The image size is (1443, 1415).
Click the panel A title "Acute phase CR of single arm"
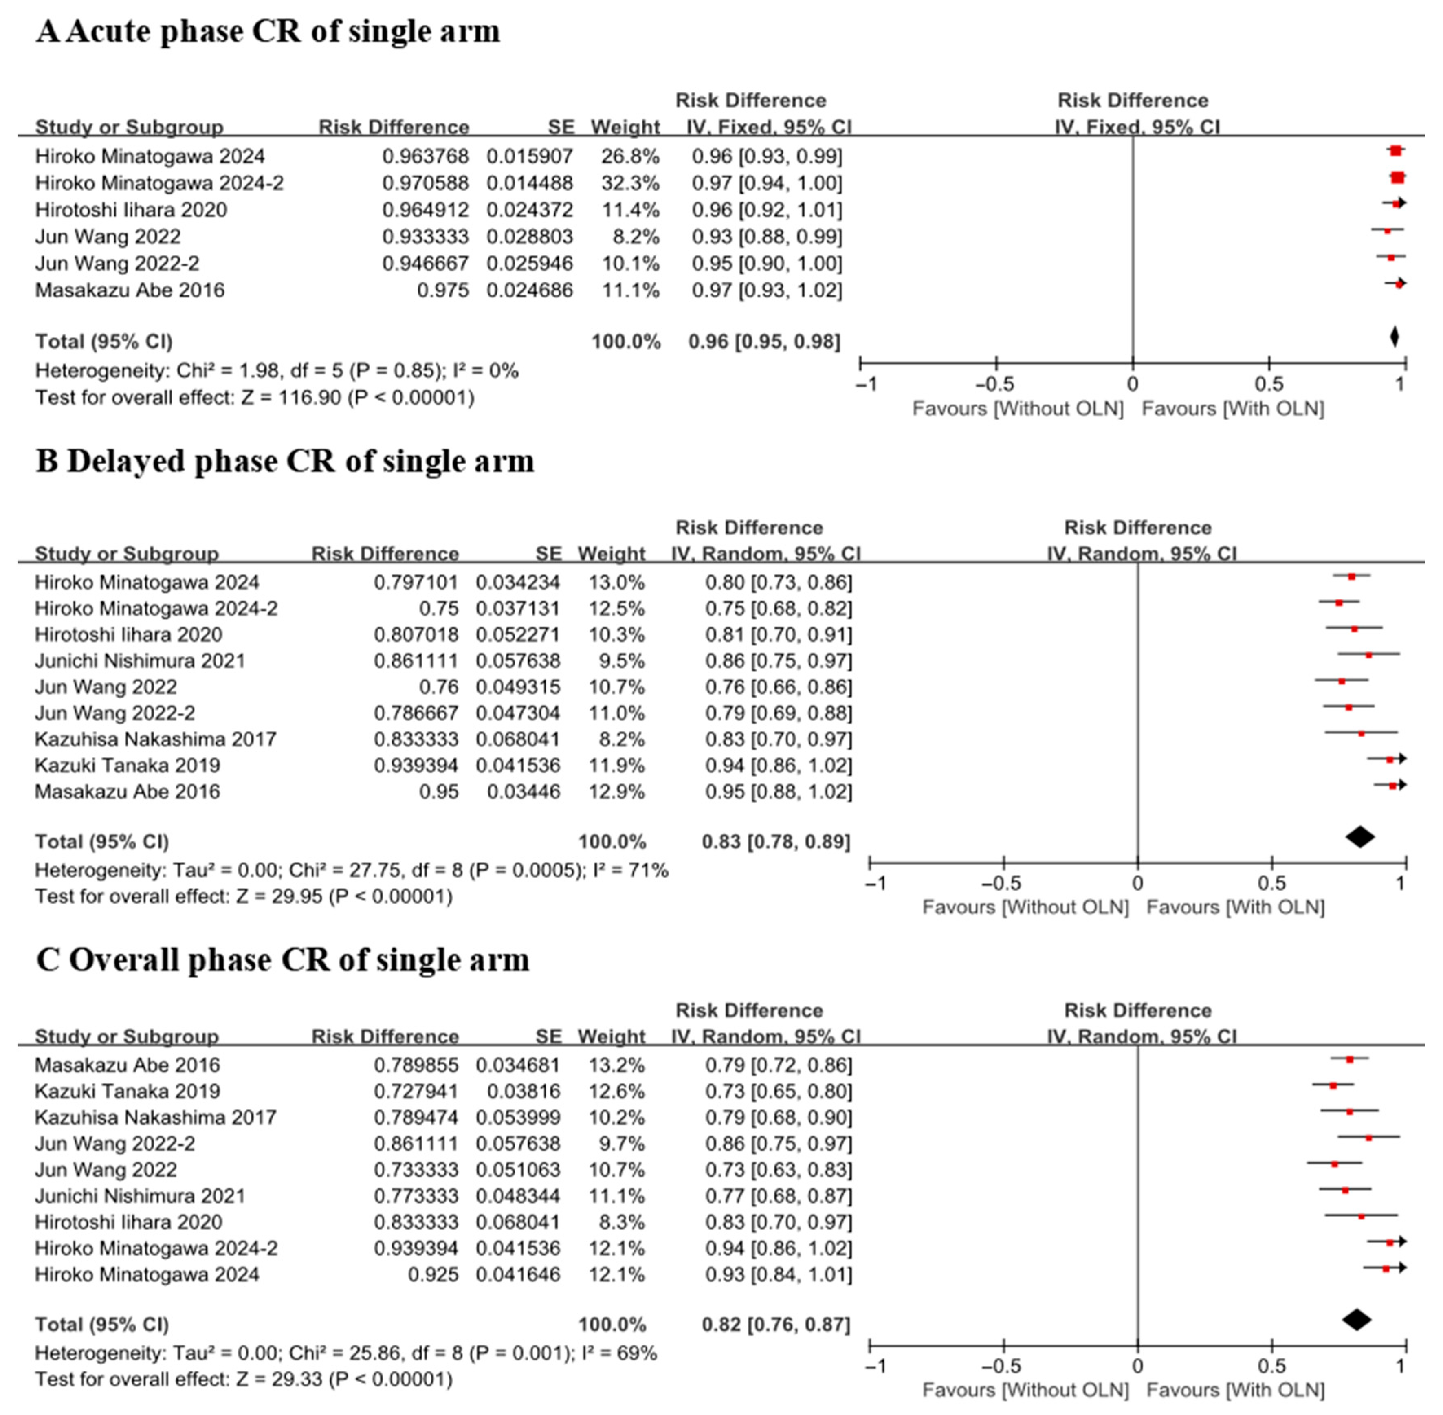[x=268, y=32]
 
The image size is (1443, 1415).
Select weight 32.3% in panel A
[x=630, y=183]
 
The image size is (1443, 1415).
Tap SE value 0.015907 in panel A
[x=529, y=156]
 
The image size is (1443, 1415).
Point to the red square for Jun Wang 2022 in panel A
[x=1386, y=231]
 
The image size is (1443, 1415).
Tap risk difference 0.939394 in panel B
[x=416, y=766]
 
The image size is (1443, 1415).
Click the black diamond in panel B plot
[x=1360, y=837]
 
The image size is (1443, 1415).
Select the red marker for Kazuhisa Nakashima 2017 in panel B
[x=1361, y=733]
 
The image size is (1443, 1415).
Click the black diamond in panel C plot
[x=1357, y=1320]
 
